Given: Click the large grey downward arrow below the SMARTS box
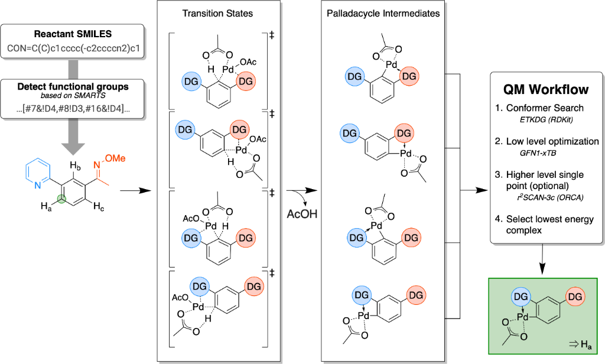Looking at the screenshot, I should [x=73, y=131].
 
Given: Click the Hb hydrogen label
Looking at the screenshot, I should [x=74, y=165].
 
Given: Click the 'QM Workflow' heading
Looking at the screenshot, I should [x=545, y=90].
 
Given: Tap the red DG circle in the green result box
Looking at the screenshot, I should [x=577, y=295].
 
